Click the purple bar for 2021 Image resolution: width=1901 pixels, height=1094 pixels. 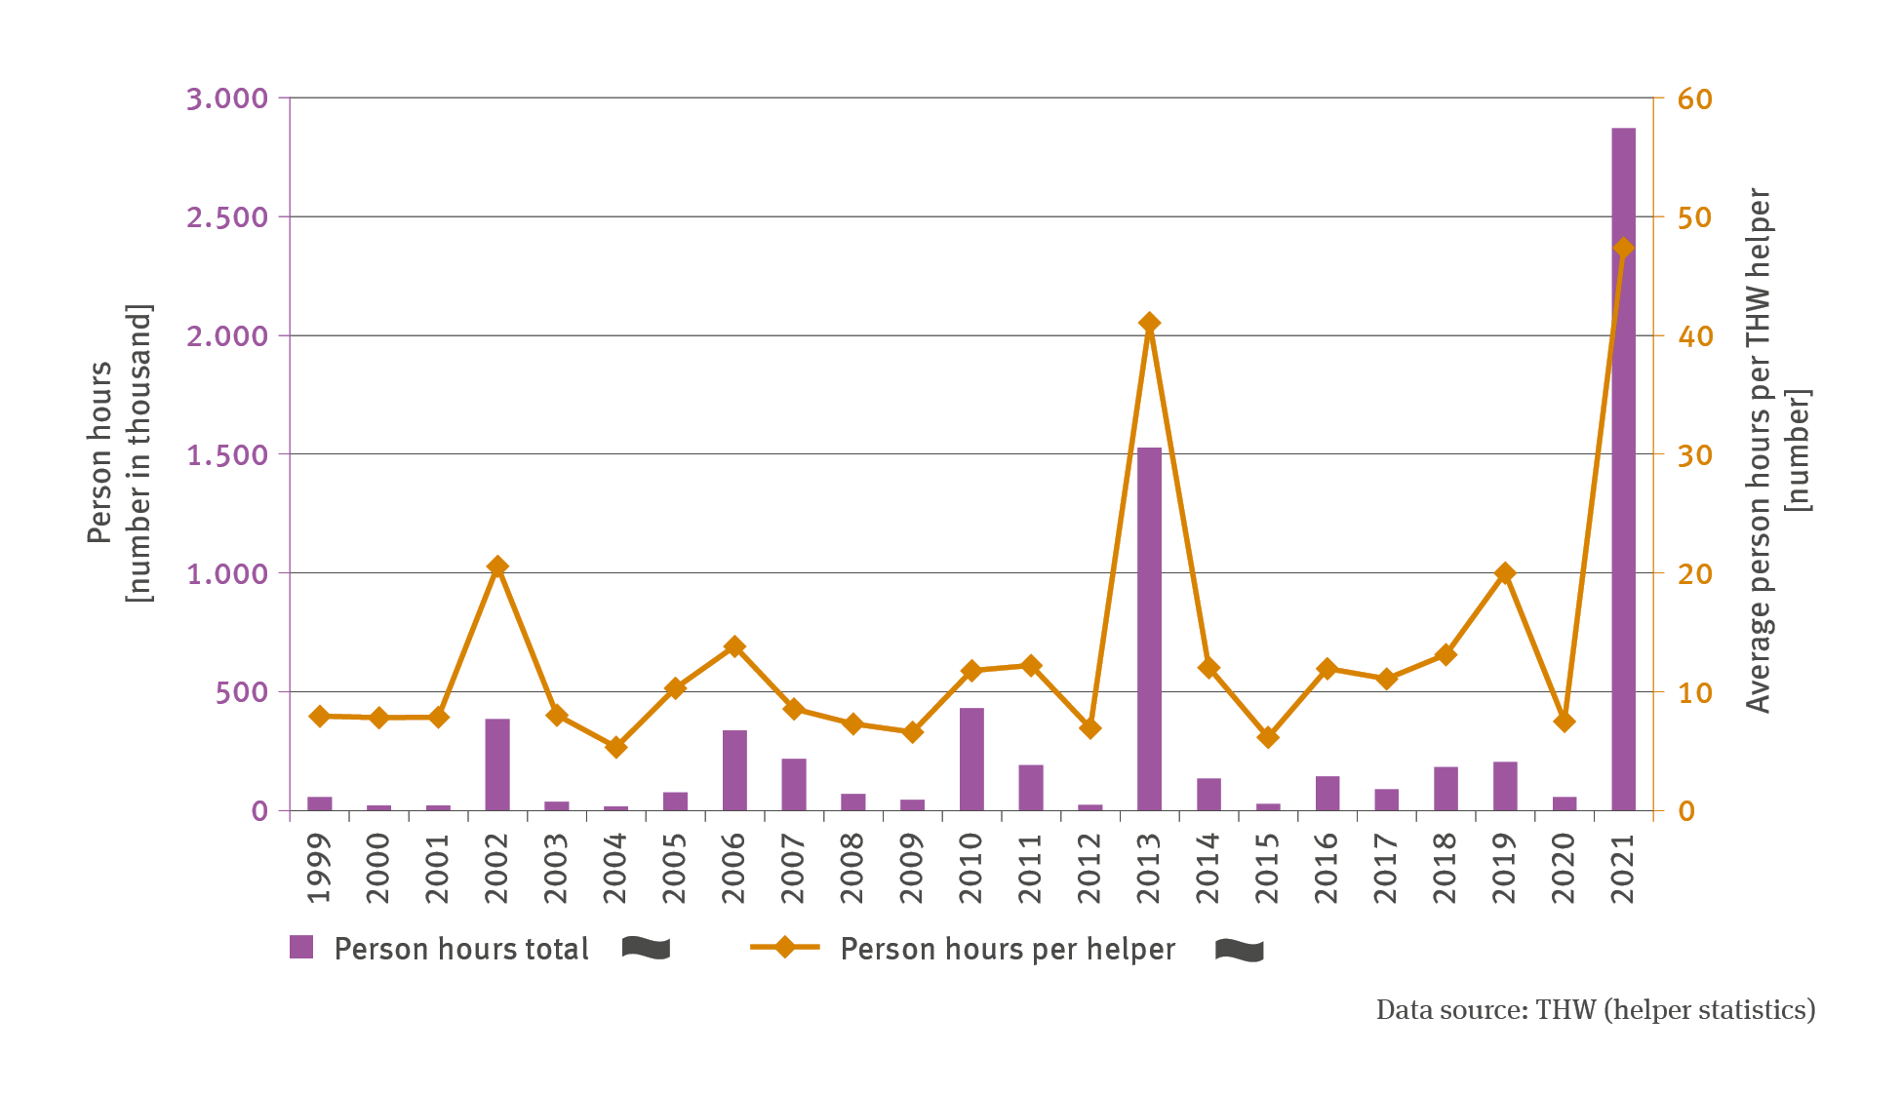pos(1623,468)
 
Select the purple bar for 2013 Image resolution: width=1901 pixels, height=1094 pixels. pos(1149,629)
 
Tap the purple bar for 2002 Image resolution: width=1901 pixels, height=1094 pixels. pos(497,764)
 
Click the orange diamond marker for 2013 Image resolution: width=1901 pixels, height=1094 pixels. pos(1149,323)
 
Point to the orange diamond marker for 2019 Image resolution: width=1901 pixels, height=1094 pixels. pos(1505,573)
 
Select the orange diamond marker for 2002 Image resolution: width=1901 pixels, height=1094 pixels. pos(497,567)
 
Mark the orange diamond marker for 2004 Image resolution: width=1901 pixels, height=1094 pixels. pos(615,747)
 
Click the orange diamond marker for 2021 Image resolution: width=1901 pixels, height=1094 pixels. pos(1623,248)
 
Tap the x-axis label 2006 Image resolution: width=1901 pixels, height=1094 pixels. pos(734,868)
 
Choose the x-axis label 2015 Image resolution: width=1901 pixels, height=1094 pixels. pos(1268,868)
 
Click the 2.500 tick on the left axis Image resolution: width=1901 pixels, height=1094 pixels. pos(227,217)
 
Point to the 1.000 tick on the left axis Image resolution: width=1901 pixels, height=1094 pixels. pos(227,573)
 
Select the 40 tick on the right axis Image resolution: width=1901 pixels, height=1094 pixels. pos(1694,336)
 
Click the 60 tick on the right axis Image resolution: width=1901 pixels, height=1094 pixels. pos(1694,98)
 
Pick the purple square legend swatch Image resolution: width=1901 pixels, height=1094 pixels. pos(301,947)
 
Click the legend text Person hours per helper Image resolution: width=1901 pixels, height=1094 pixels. pos(1008,949)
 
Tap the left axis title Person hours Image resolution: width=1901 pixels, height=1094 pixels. pos(99,452)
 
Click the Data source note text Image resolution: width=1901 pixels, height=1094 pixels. pos(1596,1010)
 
